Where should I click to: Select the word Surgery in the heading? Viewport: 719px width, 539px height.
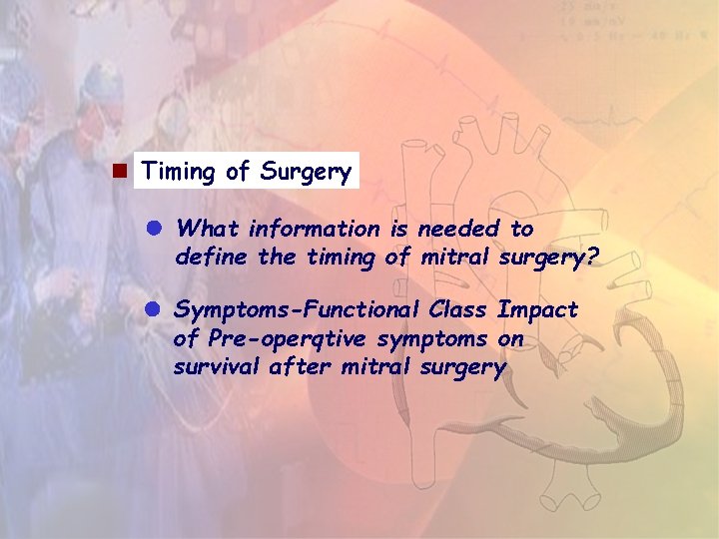tap(306, 173)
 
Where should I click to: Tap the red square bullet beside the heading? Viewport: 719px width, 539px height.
tap(118, 171)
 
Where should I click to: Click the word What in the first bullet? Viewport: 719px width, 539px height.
tap(208, 229)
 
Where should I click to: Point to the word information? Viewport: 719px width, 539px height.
tap(314, 229)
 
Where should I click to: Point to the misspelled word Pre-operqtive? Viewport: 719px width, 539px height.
tap(276, 339)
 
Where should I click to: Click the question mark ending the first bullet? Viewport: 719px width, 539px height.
tap(592, 258)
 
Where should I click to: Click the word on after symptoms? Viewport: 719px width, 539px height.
tap(510, 339)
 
